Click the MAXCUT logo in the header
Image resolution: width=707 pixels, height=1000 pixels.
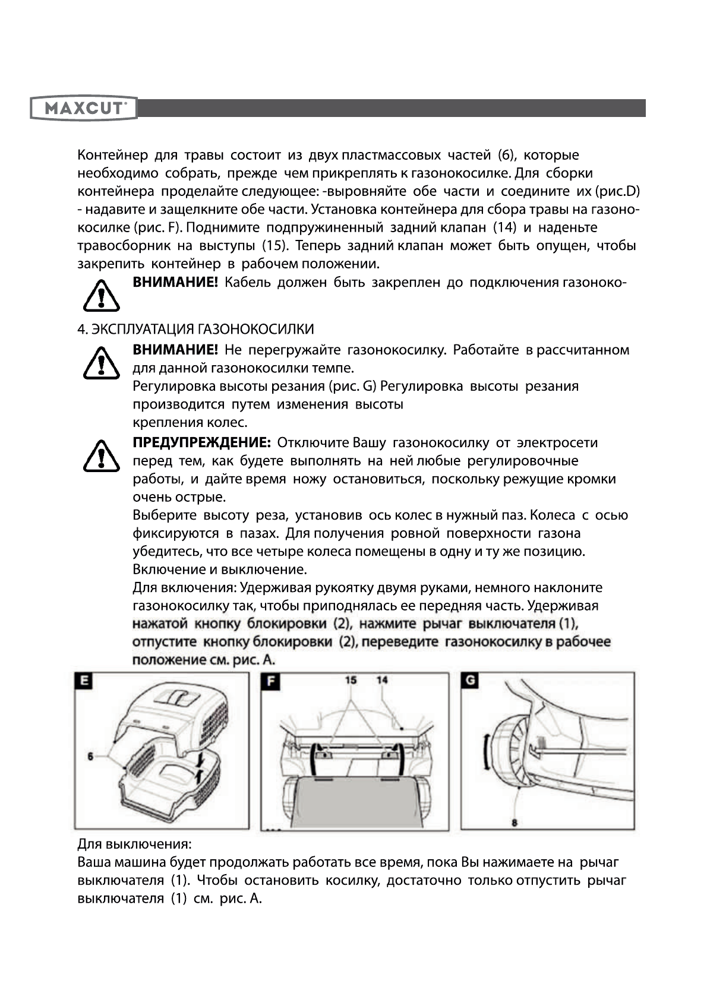pyautogui.click(x=84, y=109)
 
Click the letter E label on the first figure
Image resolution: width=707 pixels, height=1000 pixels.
pyautogui.click(x=84, y=681)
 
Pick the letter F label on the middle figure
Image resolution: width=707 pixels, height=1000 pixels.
pyautogui.click(x=270, y=681)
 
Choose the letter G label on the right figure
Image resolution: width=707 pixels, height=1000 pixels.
pyautogui.click(x=470, y=681)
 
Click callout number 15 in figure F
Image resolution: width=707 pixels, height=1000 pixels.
pyautogui.click(x=351, y=679)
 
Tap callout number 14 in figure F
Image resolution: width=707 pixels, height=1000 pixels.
pyautogui.click(x=382, y=679)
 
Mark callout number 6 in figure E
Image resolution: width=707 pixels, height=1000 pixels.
pyautogui.click(x=91, y=756)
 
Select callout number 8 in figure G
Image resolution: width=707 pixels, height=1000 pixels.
pyautogui.click(x=514, y=822)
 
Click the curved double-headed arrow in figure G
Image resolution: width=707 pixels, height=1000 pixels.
pyautogui.click(x=487, y=752)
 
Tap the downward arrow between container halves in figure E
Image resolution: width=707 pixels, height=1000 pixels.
pyautogui.click(x=201, y=759)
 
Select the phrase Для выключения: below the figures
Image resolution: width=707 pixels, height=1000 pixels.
pyautogui.click(x=134, y=844)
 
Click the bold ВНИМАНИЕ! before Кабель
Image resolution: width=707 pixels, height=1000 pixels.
pyautogui.click(x=175, y=283)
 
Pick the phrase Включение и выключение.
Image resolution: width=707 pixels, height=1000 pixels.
pyautogui.click(x=220, y=570)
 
